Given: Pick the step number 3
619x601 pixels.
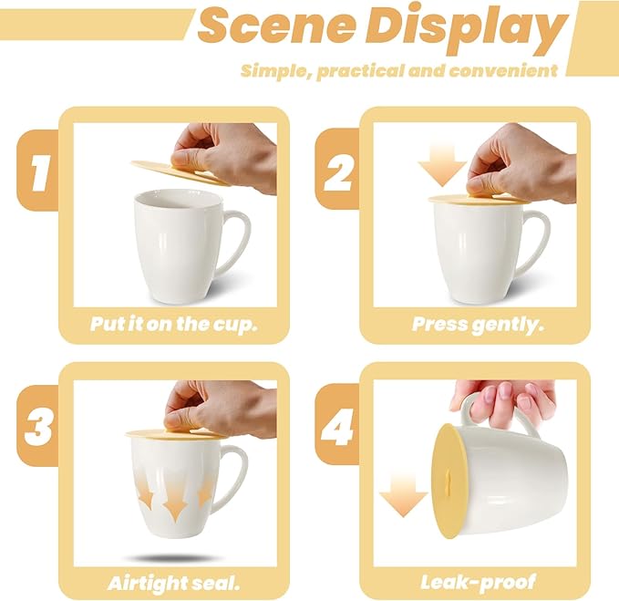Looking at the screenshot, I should pos(36,426).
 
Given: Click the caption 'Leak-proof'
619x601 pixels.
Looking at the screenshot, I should pos(477,581).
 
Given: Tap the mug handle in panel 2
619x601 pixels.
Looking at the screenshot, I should pos(536,240).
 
